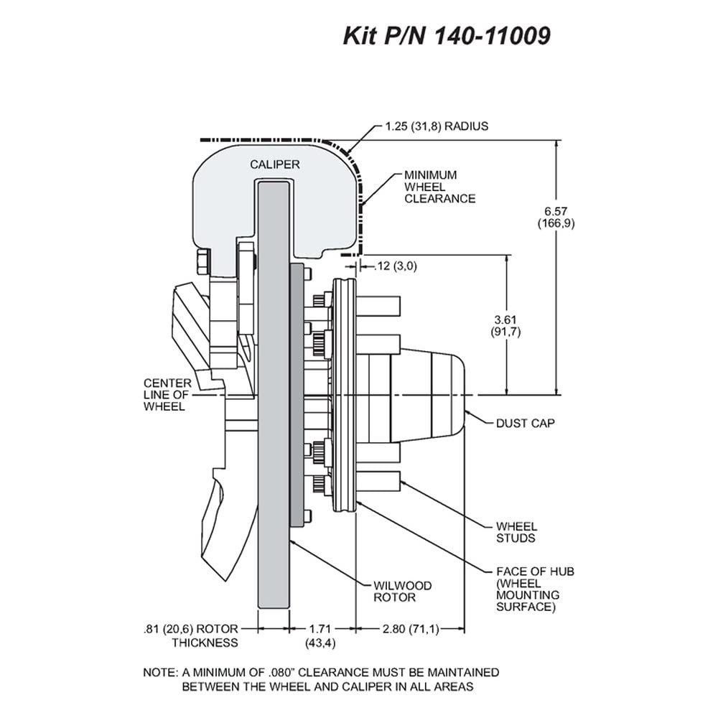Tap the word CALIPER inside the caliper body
275,164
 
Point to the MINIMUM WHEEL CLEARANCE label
439,187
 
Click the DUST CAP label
526,423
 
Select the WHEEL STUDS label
516,532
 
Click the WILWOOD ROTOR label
403,592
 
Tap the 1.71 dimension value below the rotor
320,629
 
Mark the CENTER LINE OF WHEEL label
167,395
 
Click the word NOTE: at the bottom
160,673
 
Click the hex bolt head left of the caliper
202,262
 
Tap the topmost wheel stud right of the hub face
378,303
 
